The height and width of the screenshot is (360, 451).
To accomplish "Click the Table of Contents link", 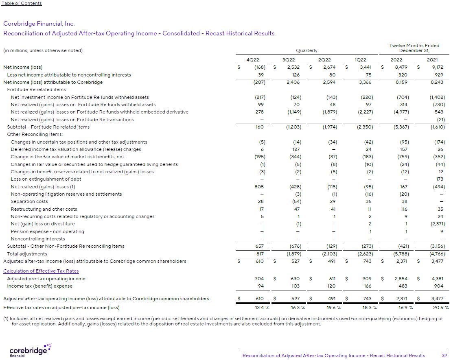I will click(22, 3).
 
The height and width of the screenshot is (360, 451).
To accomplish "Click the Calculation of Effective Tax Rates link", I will click(41, 271).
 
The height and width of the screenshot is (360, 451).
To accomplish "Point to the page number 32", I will click(444, 356).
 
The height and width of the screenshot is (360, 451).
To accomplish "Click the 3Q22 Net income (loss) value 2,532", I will click(293, 67).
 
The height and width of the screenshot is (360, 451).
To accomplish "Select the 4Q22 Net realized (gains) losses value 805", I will click(259, 187).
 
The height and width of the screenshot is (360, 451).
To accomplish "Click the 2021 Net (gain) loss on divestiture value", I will click(437, 224).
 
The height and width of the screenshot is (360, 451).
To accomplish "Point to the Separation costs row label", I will click(29, 201).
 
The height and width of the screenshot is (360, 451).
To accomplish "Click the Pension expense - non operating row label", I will click(47, 231).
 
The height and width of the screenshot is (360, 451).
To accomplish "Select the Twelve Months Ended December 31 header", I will click(414, 48).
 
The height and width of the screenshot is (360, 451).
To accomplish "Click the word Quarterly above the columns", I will click(307, 51).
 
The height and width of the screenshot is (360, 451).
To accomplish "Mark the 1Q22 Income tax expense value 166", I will click(368, 286).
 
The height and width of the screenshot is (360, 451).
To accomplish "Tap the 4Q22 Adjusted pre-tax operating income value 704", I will click(259, 279).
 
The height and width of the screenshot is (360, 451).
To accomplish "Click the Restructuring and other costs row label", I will click(44, 209).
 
